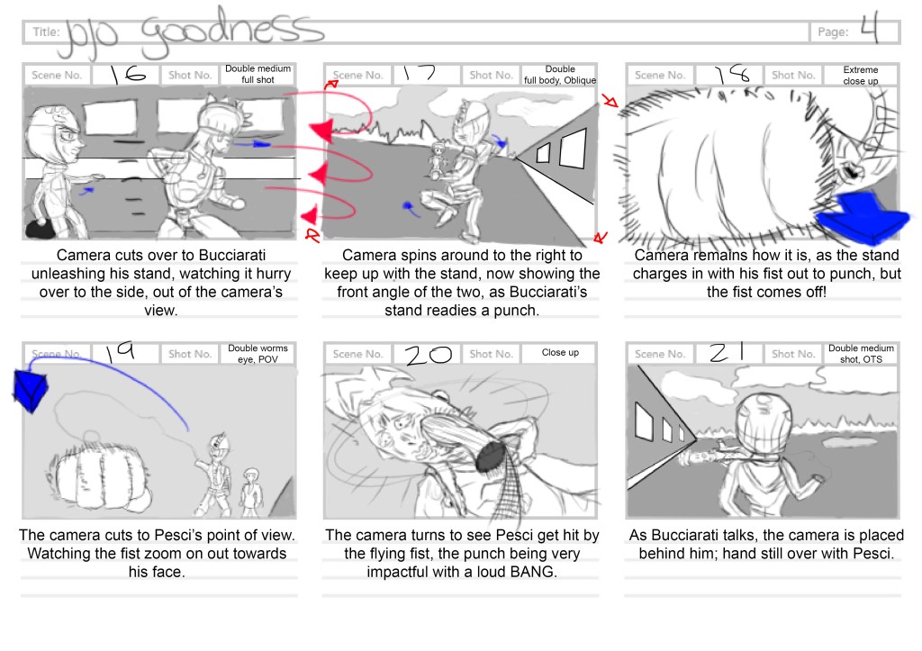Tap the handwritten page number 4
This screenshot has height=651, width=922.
[x=869, y=29]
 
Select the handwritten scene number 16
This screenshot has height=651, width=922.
[x=128, y=75]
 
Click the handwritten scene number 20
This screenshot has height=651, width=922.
[x=428, y=354]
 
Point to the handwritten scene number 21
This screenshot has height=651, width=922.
[x=727, y=352]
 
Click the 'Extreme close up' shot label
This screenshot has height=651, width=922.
[x=860, y=76]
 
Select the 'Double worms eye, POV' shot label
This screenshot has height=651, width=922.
[x=258, y=354]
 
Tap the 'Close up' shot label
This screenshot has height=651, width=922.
[x=560, y=352]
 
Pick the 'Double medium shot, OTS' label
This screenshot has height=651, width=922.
[x=861, y=354]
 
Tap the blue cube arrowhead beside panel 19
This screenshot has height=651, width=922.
[x=30, y=389]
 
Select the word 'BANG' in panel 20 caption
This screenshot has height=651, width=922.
[x=533, y=572]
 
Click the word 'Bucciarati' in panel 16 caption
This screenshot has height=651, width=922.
[x=231, y=255]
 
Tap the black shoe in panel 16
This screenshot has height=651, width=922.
[x=41, y=229]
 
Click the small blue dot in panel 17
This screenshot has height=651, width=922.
[x=407, y=205]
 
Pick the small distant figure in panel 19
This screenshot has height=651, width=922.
[x=251, y=491]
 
